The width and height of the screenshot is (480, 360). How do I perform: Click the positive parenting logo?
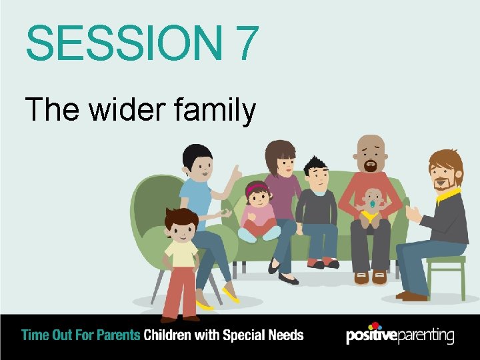[x=400, y=335]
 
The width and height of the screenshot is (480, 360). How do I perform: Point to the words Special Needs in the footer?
[x=261, y=335]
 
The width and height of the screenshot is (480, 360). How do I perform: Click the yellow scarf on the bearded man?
[x=448, y=195]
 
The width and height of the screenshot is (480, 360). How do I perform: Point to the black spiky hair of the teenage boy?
[x=314, y=163]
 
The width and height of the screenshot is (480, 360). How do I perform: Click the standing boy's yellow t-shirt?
[x=181, y=254]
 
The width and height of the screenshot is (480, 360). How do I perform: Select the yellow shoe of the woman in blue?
[x=231, y=294]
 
